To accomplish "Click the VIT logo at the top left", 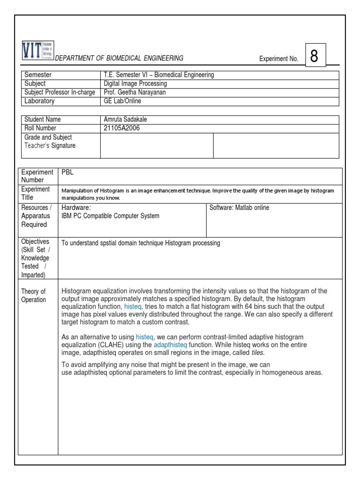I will (x=38, y=51).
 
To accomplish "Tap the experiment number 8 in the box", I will (x=314, y=56).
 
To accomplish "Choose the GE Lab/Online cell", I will (x=122, y=101).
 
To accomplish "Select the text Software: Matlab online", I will (x=239, y=208).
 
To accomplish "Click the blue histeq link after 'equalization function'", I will (x=133, y=306).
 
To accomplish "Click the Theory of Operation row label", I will (x=33, y=296).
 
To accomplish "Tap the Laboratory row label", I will (x=39, y=101).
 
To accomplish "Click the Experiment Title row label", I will (x=35, y=193).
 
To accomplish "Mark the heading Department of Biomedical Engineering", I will (x=119, y=58).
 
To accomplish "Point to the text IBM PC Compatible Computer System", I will (x=110, y=216).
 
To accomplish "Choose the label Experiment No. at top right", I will (x=278, y=59).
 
